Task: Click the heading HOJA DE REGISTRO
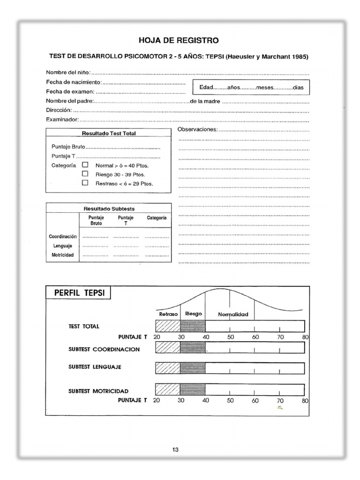click(x=178, y=41)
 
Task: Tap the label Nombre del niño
click(x=67, y=73)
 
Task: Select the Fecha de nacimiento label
click(x=73, y=82)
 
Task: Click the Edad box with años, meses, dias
click(x=251, y=88)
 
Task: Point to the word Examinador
click(x=61, y=120)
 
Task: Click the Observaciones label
click(x=197, y=129)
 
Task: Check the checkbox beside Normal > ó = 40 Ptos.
click(x=85, y=165)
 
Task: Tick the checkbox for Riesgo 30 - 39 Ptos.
click(x=85, y=174)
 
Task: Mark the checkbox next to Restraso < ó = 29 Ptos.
click(x=85, y=183)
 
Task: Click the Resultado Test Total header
click(x=109, y=134)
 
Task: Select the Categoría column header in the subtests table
click(x=156, y=218)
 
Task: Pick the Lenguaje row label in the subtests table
click(x=62, y=246)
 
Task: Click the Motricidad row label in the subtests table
click(x=62, y=255)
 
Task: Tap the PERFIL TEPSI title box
click(x=78, y=293)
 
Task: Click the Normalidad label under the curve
click(x=233, y=314)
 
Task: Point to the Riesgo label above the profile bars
click(x=193, y=314)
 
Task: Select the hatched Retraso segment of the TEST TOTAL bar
click(x=167, y=326)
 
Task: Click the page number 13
click(x=175, y=450)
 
